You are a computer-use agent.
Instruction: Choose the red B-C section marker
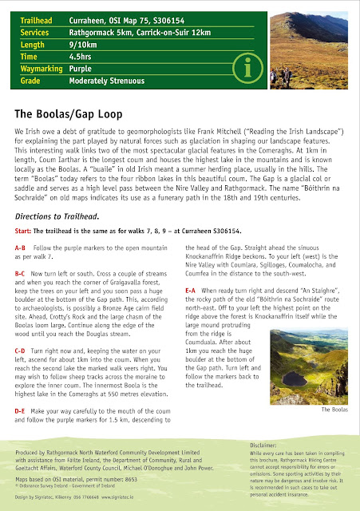(23, 273)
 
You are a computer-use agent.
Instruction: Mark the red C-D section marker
(23, 351)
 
